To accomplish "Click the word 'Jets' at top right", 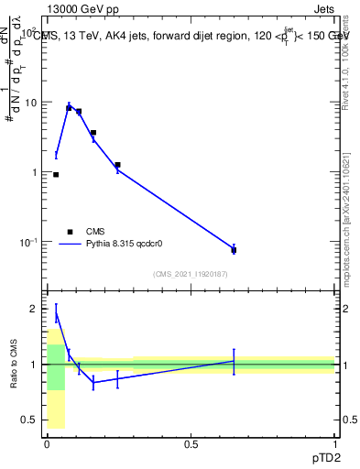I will point(322,10).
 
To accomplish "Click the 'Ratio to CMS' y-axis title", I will point(14,365).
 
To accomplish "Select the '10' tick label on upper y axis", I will point(32,103).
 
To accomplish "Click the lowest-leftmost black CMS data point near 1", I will point(56,174).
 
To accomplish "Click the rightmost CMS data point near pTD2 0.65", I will point(234,250).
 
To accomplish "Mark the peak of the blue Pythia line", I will point(69,105).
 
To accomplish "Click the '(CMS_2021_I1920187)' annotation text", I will point(191,273).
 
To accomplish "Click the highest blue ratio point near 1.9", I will point(56,314).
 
